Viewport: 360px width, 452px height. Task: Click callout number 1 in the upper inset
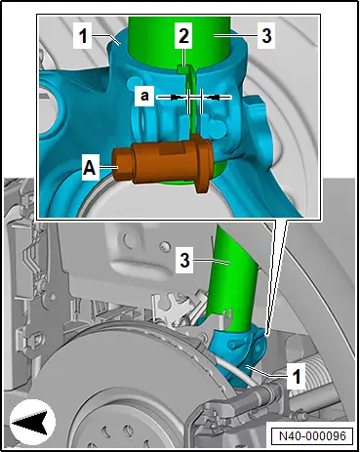coord(83,35)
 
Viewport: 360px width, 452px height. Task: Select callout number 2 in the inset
coord(183,35)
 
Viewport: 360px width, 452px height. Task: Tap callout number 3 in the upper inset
coord(266,35)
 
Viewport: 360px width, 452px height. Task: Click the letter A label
coord(90,168)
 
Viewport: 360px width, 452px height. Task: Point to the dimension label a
coord(144,96)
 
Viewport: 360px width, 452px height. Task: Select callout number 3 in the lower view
coord(184,261)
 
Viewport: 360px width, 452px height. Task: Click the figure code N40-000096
coord(312,435)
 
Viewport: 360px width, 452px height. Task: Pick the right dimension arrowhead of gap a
coord(214,97)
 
